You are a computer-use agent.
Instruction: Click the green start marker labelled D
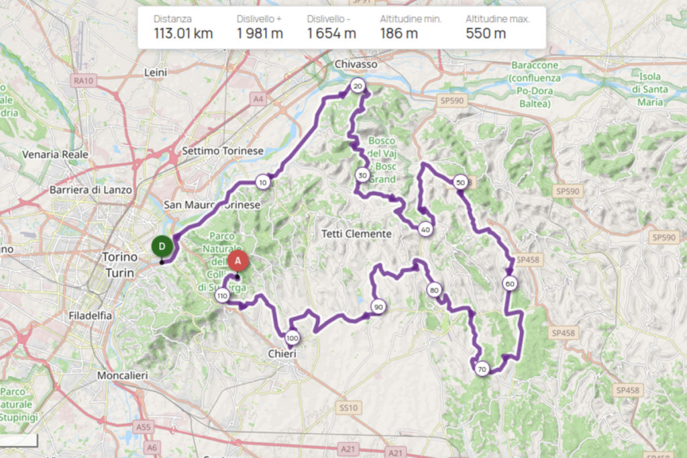tap(162, 246)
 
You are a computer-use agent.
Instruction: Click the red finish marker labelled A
tap(237, 261)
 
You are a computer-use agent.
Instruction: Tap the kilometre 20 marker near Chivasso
tap(357, 86)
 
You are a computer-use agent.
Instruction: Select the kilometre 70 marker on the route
tap(481, 369)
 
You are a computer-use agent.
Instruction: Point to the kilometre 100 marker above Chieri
tap(291, 338)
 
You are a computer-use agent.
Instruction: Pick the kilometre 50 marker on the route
tap(460, 182)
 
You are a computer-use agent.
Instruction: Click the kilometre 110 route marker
tap(222, 295)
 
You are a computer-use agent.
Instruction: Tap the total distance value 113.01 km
tap(183, 34)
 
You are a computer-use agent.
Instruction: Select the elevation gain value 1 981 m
tap(260, 34)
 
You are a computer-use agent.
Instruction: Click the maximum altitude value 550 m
tap(486, 34)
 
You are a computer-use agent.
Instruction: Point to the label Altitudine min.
tap(411, 19)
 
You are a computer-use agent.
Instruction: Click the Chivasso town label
tap(356, 64)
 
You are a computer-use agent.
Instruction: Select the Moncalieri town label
tap(122, 375)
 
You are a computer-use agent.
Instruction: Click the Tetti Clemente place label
tap(356, 234)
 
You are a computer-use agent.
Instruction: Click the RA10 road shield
tap(82, 81)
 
